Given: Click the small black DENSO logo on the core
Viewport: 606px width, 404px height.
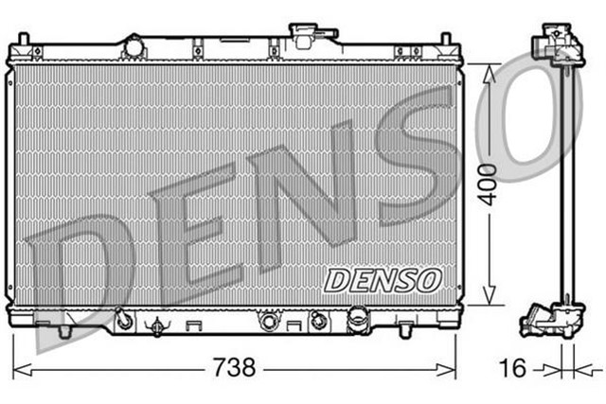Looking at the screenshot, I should click(x=383, y=280).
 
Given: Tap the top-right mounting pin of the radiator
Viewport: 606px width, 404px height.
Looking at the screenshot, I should click(x=443, y=41).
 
